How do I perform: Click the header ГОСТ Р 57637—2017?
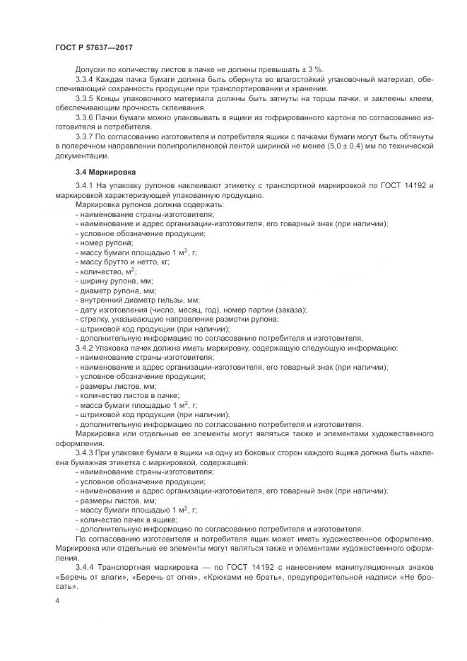[94, 46]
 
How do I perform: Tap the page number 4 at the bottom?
[58, 600]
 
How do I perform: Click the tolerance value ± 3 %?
[310, 69]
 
